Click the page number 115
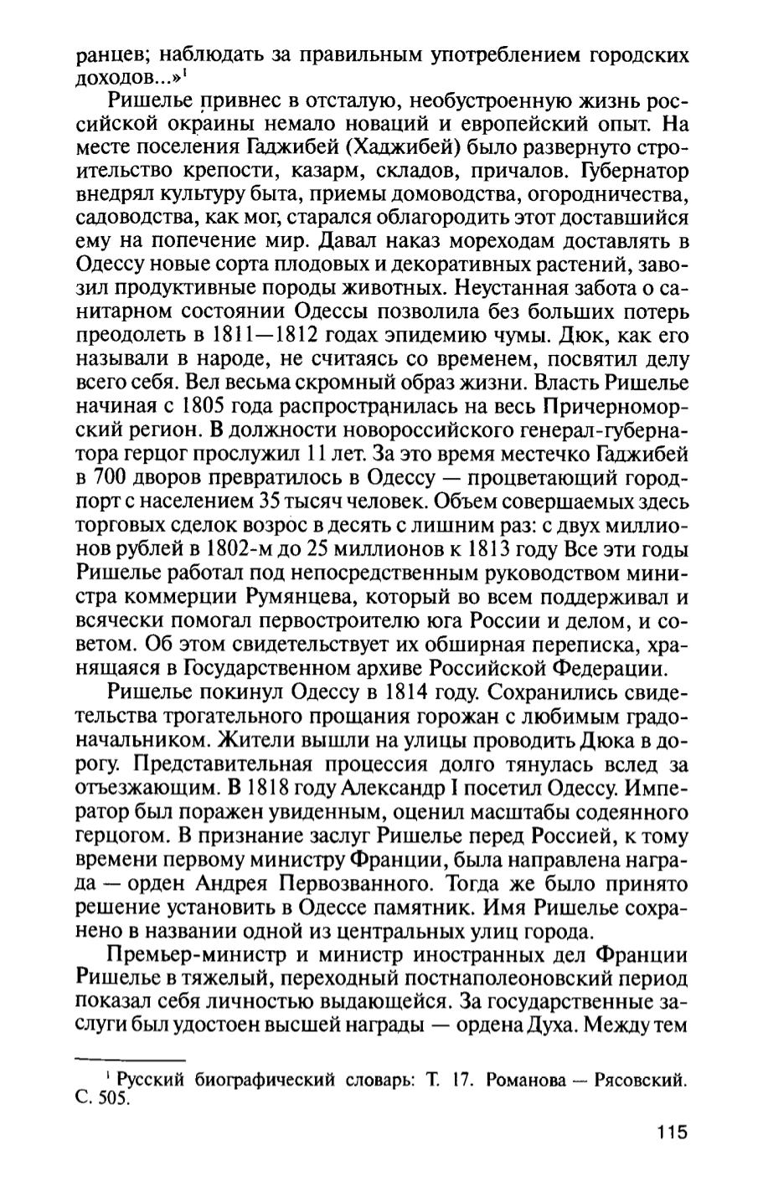pos(670,1133)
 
